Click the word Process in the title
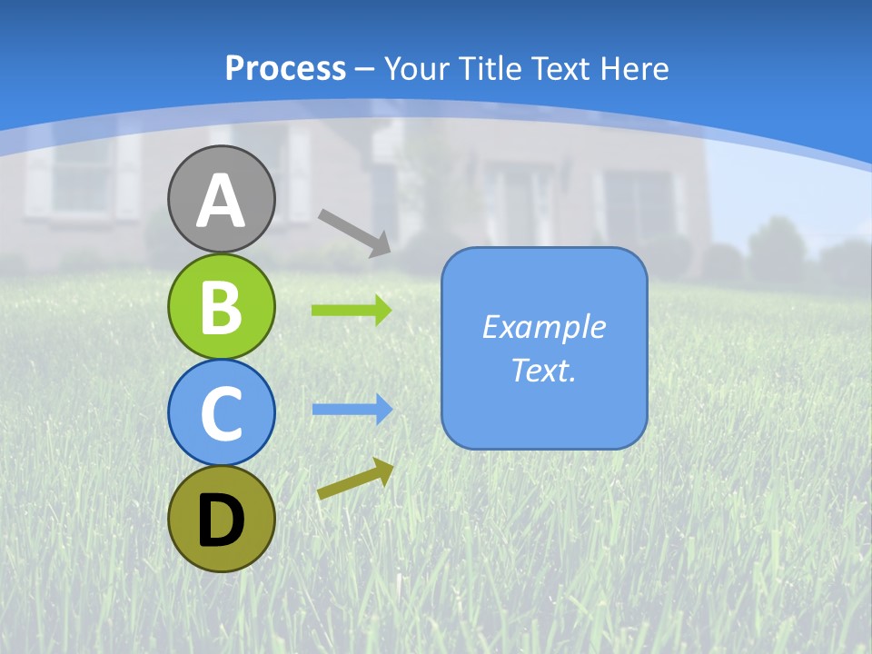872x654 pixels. pyautogui.click(x=285, y=69)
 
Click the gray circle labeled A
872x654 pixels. pyautogui.click(x=222, y=199)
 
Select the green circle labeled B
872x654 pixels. pyautogui.click(x=222, y=306)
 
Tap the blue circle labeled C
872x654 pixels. pyautogui.click(x=222, y=412)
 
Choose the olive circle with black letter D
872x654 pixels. pyautogui.click(x=222, y=519)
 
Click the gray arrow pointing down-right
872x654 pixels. pyautogui.click(x=354, y=232)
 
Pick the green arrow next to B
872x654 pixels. pyautogui.click(x=352, y=310)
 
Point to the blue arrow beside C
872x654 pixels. pyautogui.click(x=352, y=409)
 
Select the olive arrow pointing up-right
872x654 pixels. pyautogui.click(x=355, y=479)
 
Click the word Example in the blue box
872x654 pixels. pyautogui.click(x=543, y=327)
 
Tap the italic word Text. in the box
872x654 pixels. pyautogui.click(x=543, y=370)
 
